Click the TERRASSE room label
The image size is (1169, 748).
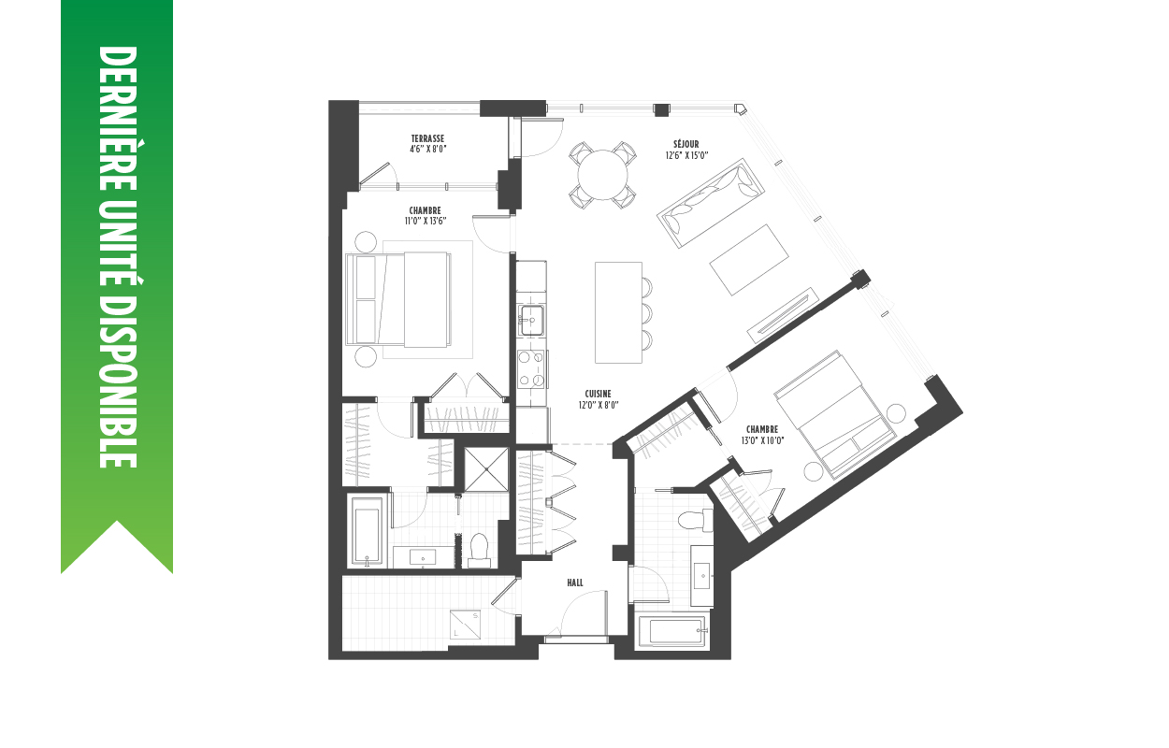tap(427, 138)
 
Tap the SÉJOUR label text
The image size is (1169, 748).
tap(686, 145)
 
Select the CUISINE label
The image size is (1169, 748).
tap(598, 394)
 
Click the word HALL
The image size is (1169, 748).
tap(575, 583)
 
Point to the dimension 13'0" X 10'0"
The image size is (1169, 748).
tap(762, 440)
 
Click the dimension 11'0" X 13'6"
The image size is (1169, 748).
tap(426, 221)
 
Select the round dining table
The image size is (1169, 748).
tap(603, 175)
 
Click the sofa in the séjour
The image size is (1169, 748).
tap(710, 204)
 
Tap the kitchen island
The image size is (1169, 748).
tap(618, 312)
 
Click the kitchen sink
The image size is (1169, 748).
tap(531, 319)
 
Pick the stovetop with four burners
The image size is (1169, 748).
tap(531, 369)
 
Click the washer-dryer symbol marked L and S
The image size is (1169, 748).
tap(466, 624)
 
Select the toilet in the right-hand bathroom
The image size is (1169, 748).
tap(696, 520)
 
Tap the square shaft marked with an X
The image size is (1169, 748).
tap(486, 469)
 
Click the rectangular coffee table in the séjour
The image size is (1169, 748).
tap(749, 260)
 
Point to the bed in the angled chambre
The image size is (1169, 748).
tap(833, 414)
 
